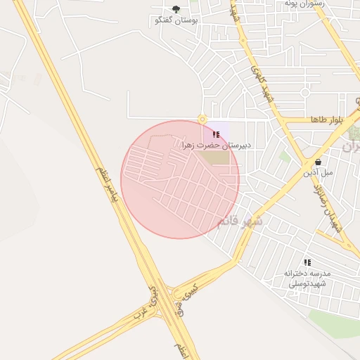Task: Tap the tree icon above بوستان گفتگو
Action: coord(176,9)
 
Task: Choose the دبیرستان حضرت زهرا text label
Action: coord(216,145)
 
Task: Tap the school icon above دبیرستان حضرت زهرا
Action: coord(215,134)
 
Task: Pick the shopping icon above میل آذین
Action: coord(318,161)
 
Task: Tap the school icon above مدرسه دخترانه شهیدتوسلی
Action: coord(307,262)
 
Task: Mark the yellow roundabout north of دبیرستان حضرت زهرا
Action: coord(202,119)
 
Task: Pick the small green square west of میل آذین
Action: coord(284,156)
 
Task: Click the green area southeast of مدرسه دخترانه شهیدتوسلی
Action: coord(334,323)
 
